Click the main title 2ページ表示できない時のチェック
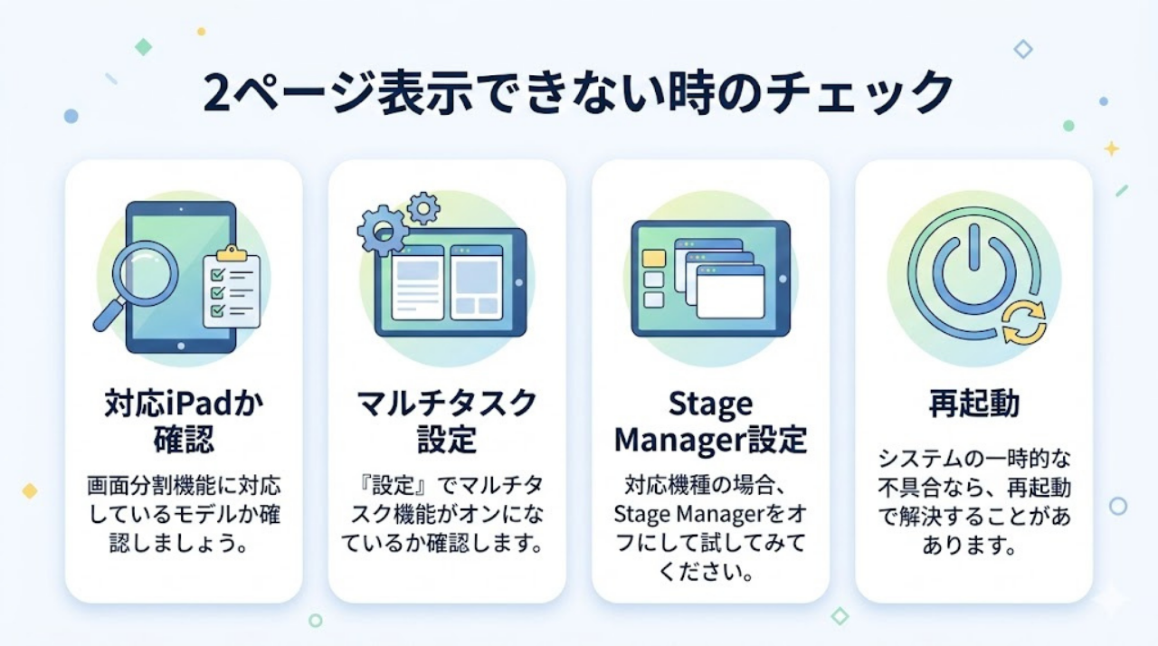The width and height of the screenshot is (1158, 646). click(x=579, y=93)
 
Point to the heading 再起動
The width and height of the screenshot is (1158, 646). click(x=973, y=404)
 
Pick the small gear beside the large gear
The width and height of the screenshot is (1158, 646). click(x=422, y=207)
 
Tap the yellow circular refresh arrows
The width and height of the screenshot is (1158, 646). click(x=1024, y=323)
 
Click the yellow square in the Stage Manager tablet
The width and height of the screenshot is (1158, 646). click(x=653, y=259)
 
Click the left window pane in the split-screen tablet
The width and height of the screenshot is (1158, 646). click(x=417, y=282)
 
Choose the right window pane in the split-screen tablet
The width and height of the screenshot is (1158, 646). click(x=476, y=282)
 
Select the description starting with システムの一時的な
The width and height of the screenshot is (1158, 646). click(x=973, y=502)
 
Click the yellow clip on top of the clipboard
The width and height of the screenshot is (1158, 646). click(x=232, y=254)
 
